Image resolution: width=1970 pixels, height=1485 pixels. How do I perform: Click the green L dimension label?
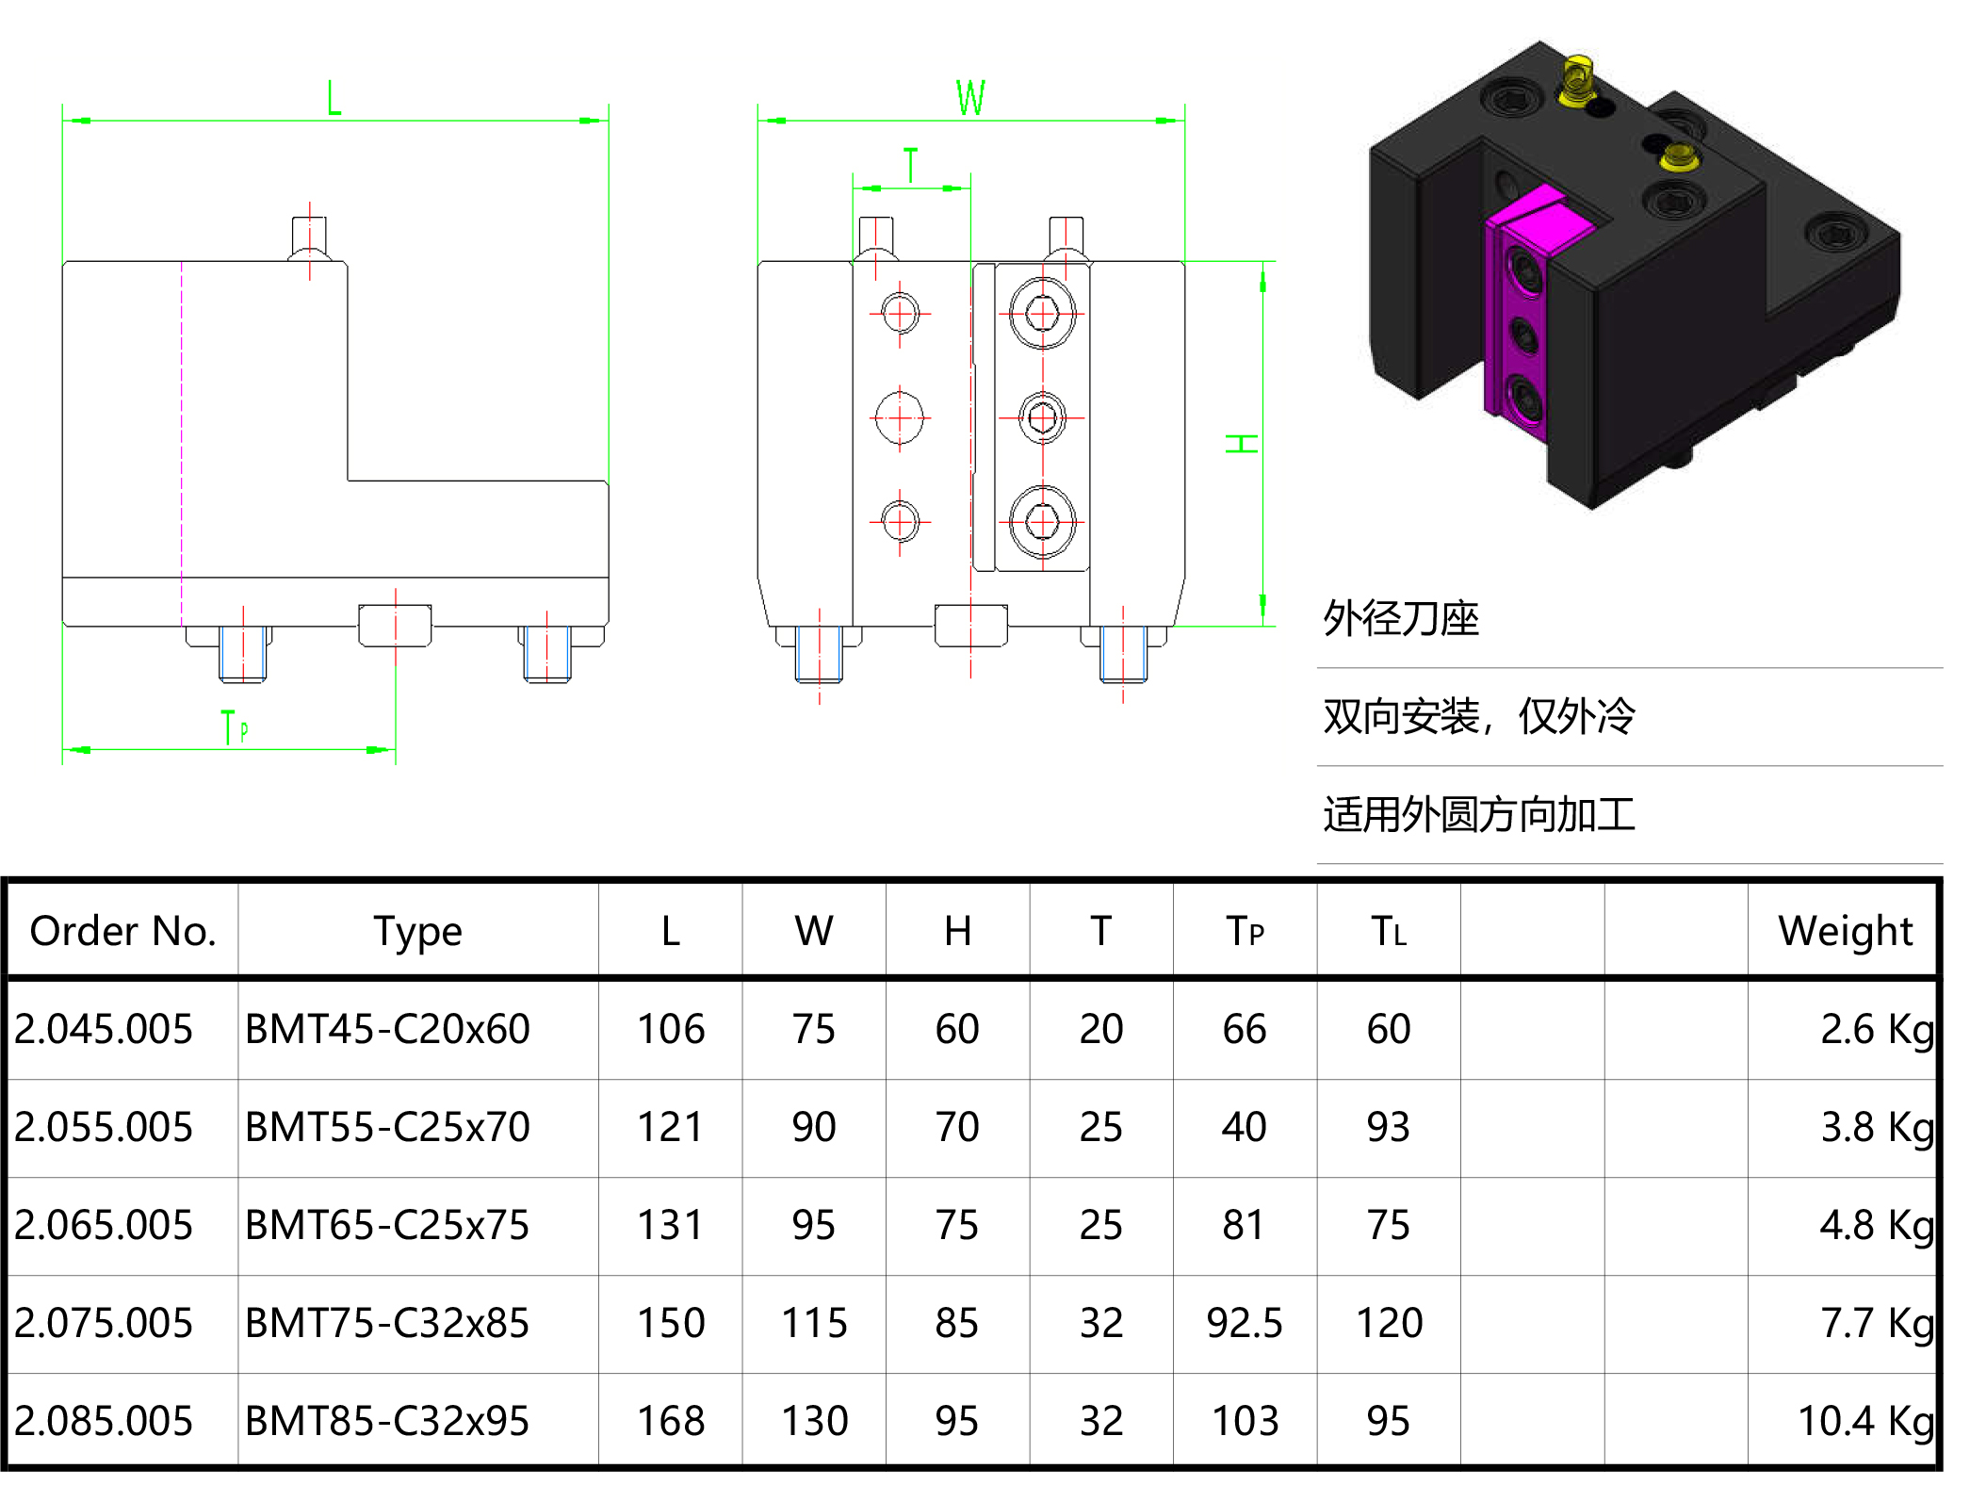pyautogui.click(x=334, y=98)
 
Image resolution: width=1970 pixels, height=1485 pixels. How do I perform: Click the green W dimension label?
pyautogui.click(x=970, y=98)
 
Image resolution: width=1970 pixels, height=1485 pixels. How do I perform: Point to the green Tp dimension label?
pyautogui.click(x=234, y=727)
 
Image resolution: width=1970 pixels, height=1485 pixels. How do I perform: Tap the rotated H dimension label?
pyautogui.click(x=1242, y=443)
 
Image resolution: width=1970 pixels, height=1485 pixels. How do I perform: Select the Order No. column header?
pyautogui.click(x=122, y=931)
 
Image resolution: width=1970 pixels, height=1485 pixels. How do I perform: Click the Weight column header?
pyautogui.click(x=1844, y=931)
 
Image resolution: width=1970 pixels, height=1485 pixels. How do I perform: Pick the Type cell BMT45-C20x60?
pyautogui.click(x=387, y=1029)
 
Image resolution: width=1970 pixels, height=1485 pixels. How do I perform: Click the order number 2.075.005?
pyautogui.click(x=104, y=1323)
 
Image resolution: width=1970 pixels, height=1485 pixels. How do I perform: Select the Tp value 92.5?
pyautogui.click(x=1244, y=1323)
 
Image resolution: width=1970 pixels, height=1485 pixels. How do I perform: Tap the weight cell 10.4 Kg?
pyautogui.click(x=1864, y=1421)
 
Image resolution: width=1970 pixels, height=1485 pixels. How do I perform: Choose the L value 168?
pyautogui.click(x=670, y=1421)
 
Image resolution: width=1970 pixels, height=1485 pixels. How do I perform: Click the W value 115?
pyautogui.click(x=814, y=1323)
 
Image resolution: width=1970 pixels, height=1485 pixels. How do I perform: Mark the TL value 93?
pyautogui.click(x=1388, y=1127)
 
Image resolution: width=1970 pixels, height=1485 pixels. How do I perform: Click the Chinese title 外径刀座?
pyautogui.click(x=1400, y=619)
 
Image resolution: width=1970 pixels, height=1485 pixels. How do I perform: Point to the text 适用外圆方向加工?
pyautogui.click(x=1478, y=815)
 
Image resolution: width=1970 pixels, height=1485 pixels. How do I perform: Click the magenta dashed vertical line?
pyautogui.click(x=182, y=443)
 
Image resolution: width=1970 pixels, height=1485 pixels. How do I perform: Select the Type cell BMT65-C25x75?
pyautogui.click(x=387, y=1225)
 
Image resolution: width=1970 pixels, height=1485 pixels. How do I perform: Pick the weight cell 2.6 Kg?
pyautogui.click(x=1876, y=1029)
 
